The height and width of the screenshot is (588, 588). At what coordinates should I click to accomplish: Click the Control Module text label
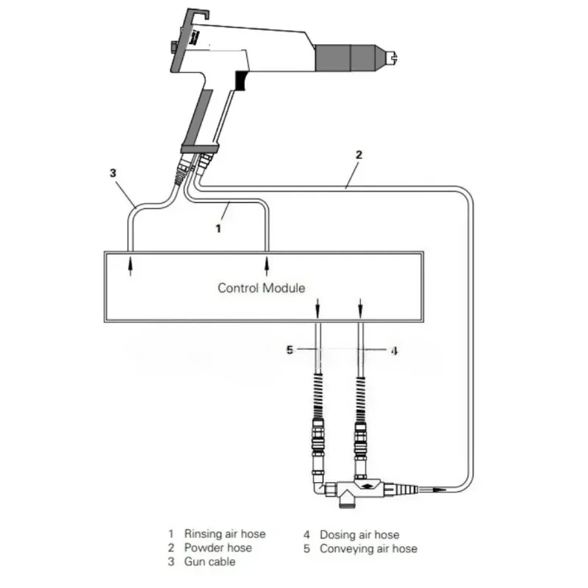[x=261, y=287]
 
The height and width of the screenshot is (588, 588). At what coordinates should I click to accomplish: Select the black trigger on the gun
[x=240, y=81]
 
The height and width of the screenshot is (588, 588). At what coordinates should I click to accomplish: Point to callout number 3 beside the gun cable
[x=112, y=173]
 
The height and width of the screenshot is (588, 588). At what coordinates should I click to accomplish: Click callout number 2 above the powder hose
[x=359, y=155]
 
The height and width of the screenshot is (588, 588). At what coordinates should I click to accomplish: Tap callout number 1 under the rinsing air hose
[x=218, y=229]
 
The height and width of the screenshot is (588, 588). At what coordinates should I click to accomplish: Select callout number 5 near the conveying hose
[x=290, y=351]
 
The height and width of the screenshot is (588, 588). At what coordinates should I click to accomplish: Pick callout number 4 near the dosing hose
[x=394, y=351]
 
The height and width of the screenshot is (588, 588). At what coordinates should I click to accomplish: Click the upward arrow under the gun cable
[x=131, y=265]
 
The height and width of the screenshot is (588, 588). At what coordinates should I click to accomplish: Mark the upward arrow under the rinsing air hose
[x=267, y=265]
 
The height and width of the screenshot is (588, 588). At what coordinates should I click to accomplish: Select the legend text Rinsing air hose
[x=225, y=534]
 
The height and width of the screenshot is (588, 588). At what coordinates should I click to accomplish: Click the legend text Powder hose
[x=218, y=548]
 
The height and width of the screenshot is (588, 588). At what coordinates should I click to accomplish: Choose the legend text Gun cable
[x=210, y=562]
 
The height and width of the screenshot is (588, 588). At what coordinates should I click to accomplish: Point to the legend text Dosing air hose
[x=359, y=534]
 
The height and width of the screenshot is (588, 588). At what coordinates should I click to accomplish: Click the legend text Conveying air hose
[x=368, y=548]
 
